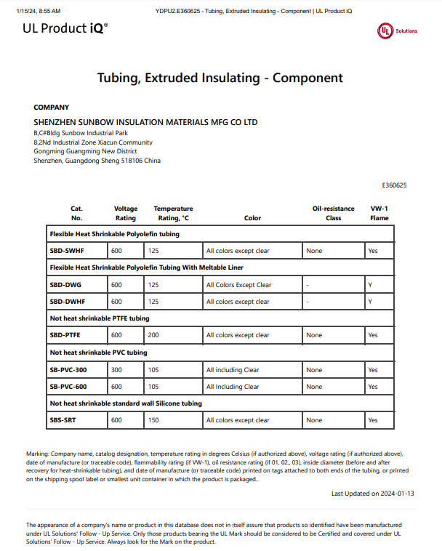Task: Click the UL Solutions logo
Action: [397, 31]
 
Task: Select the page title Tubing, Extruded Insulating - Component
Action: [220, 78]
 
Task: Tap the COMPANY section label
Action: [52, 107]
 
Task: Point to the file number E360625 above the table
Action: [394, 185]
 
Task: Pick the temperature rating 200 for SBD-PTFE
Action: [153, 335]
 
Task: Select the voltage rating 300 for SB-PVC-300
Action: [116, 370]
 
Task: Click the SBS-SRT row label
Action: [64, 420]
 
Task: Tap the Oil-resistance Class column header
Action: [333, 213]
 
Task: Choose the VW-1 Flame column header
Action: [379, 213]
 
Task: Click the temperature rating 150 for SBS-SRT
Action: [153, 420]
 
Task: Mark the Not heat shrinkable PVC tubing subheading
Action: [98, 353]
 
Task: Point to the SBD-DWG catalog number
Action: [65, 285]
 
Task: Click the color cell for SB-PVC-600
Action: [233, 387]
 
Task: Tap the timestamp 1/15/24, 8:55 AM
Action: [36, 11]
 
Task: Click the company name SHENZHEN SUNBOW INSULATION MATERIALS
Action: [145, 122]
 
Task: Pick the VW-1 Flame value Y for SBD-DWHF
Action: [370, 302]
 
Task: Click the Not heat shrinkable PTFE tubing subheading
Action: [99, 318]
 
